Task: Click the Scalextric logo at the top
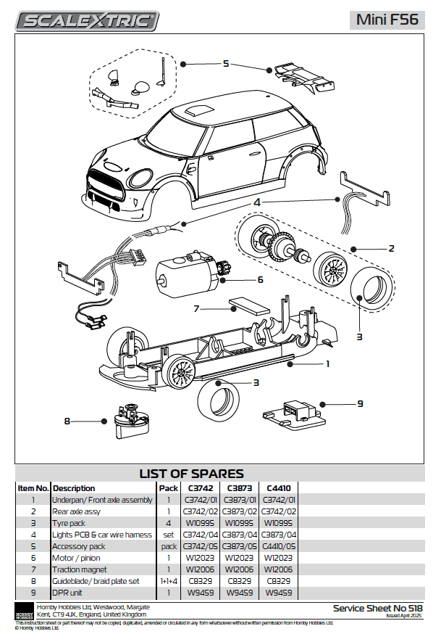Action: pyautogui.click(x=87, y=21)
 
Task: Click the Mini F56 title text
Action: pyautogui.click(x=387, y=20)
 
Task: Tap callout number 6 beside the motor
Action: pyautogui.click(x=259, y=279)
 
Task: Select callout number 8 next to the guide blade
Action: pyautogui.click(x=67, y=420)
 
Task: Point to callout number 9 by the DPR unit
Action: pyautogui.click(x=359, y=403)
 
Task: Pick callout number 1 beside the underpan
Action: pyautogui.click(x=327, y=363)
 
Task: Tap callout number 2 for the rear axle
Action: pyautogui.click(x=391, y=248)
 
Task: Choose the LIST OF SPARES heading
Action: pyautogui.click(x=191, y=474)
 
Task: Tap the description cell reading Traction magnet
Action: pyautogui.click(x=80, y=569)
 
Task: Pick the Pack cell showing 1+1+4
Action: pyautogui.click(x=169, y=581)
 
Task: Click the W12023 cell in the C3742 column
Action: pyautogui.click(x=200, y=558)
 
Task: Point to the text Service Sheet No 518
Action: pyautogui.click(x=377, y=608)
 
